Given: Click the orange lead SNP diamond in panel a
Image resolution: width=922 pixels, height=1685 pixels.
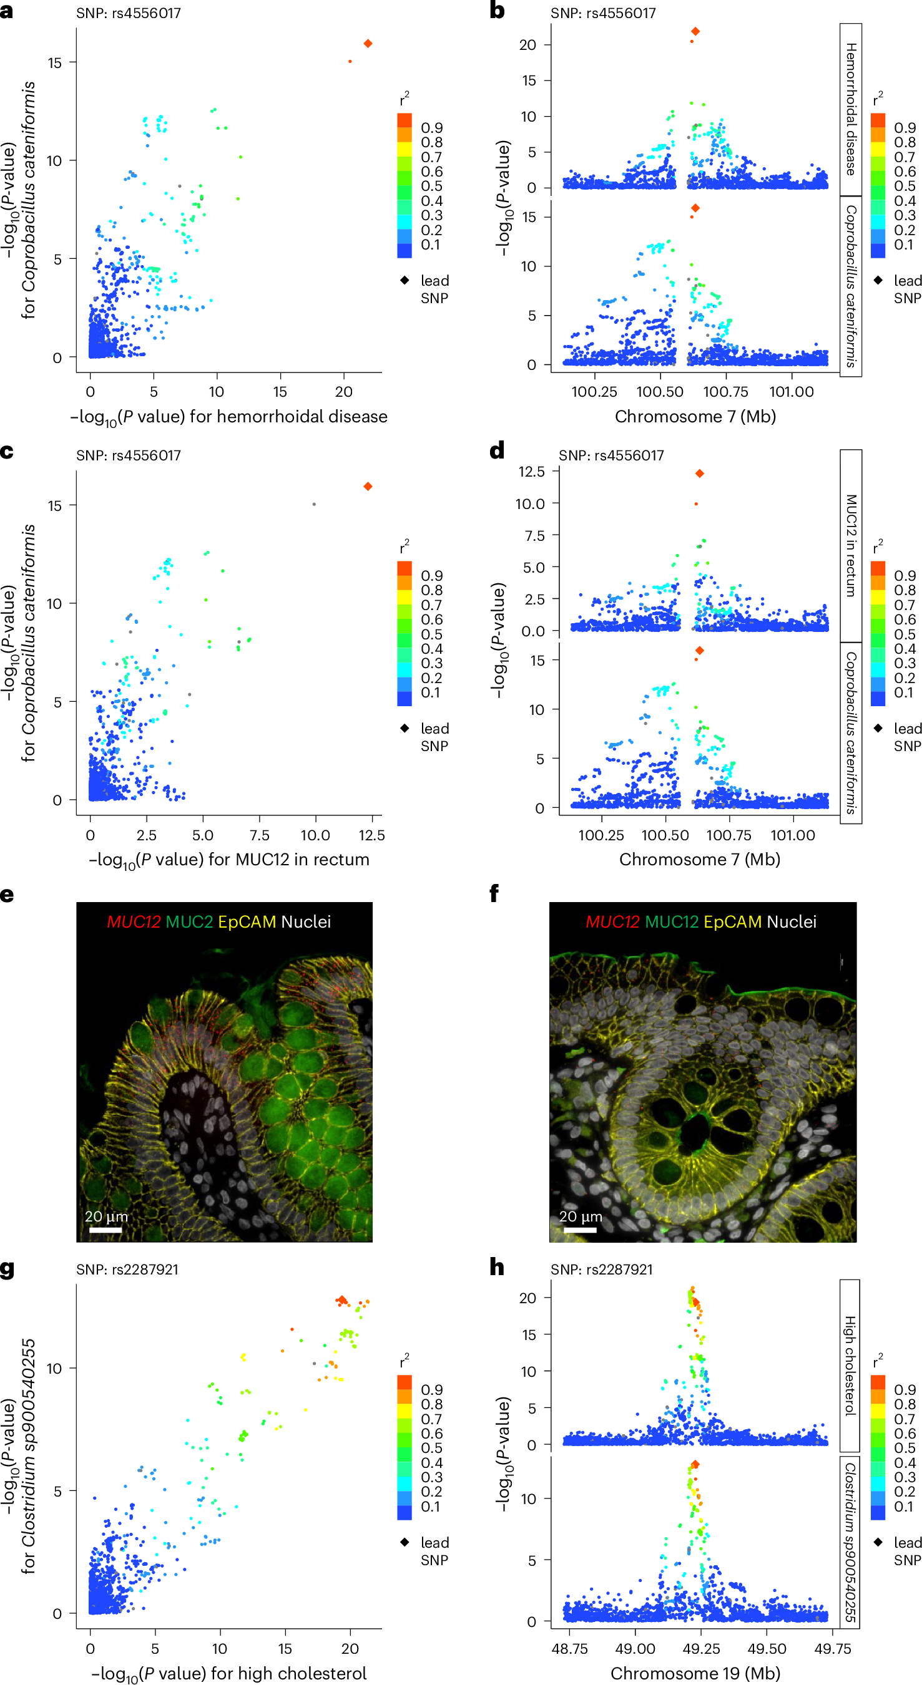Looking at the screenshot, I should [x=368, y=43].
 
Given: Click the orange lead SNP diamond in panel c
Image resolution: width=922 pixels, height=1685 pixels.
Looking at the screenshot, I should [x=368, y=486].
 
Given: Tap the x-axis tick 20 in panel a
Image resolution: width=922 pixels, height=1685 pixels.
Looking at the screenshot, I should [x=343, y=392].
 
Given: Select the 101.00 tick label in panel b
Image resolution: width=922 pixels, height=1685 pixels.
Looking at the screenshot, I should [x=791, y=392].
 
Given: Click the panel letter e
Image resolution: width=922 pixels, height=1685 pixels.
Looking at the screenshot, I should [x=7, y=894].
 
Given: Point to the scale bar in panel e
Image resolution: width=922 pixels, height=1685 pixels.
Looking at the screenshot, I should [x=105, y=1230].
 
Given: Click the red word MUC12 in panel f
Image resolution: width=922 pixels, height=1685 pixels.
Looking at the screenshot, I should [x=612, y=921].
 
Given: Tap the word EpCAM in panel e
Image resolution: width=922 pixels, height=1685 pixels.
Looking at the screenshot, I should [x=247, y=921].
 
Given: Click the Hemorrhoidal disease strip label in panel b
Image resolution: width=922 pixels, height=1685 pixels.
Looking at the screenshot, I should [x=851, y=109].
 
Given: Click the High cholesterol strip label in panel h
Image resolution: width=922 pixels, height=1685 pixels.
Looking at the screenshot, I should [x=850, y=1365].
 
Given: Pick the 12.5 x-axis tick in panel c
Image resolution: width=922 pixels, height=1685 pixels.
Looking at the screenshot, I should [x=371, y=835].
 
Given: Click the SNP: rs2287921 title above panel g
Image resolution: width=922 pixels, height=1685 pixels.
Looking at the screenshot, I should [x=127, y=1269].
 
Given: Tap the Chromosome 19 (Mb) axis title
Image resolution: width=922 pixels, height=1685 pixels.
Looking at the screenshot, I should [x=695, y=1673].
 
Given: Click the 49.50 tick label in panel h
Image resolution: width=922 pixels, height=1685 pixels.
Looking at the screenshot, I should [x=767, y=1648].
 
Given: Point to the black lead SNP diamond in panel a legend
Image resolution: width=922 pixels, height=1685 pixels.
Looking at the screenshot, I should [x=405, y=280].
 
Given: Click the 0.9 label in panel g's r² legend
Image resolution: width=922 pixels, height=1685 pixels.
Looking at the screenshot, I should [x=431, y=1389].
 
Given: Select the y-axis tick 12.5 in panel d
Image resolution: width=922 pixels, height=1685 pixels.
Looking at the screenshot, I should [x=531, y=472].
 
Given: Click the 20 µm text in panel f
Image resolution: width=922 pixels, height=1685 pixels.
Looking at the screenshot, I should [x=580, y=1216].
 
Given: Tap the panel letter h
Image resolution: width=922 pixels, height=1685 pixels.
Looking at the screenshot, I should [x=497, y=1268].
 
